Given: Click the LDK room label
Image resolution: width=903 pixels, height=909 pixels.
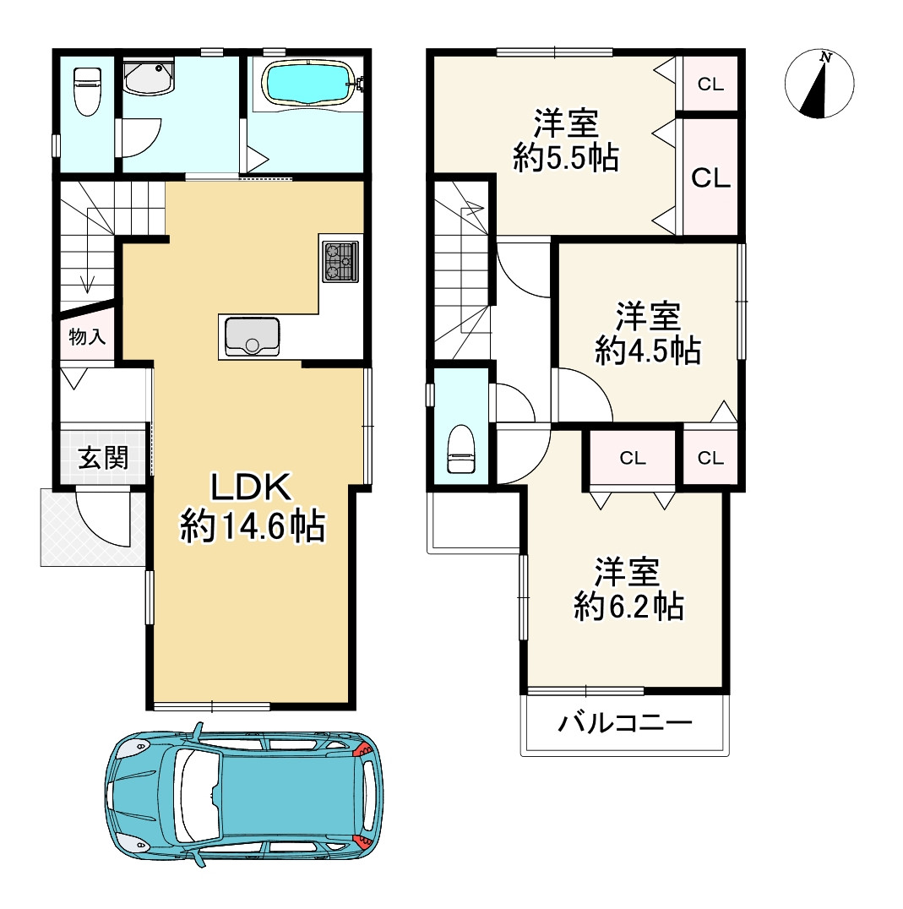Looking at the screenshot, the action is click(x=251, y=487).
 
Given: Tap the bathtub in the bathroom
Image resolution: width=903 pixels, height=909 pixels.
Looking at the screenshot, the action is click(x=307, y=84).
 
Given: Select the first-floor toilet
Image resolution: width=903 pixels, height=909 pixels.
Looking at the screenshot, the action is click(x=88, y=91).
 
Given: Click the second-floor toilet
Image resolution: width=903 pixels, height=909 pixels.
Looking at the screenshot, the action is click(x=461, y=449).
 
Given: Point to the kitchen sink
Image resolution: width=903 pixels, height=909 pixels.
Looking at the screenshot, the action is click(x=252, y=336).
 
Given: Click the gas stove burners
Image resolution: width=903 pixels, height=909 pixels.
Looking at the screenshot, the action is click(x=340, y=261).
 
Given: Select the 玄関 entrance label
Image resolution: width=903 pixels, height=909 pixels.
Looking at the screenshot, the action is click(x=104, y=458).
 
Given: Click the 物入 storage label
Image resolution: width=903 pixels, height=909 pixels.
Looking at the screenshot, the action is click(x=87, y=336).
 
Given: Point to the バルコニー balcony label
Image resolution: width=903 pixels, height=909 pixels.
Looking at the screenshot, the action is click(x=625, y=723).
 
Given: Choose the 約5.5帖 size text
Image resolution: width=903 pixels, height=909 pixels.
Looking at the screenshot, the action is click(x=566, y=158).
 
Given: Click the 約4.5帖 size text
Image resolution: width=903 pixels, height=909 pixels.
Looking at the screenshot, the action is click(x=648, y=351).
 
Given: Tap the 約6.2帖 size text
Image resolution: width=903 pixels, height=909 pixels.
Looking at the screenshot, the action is click(x=628, y=607).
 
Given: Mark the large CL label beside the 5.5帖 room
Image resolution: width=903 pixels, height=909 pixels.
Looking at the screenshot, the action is click(x=710, y=178).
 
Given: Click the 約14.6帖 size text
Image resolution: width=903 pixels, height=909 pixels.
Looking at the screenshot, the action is click(x=253, y=526).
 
